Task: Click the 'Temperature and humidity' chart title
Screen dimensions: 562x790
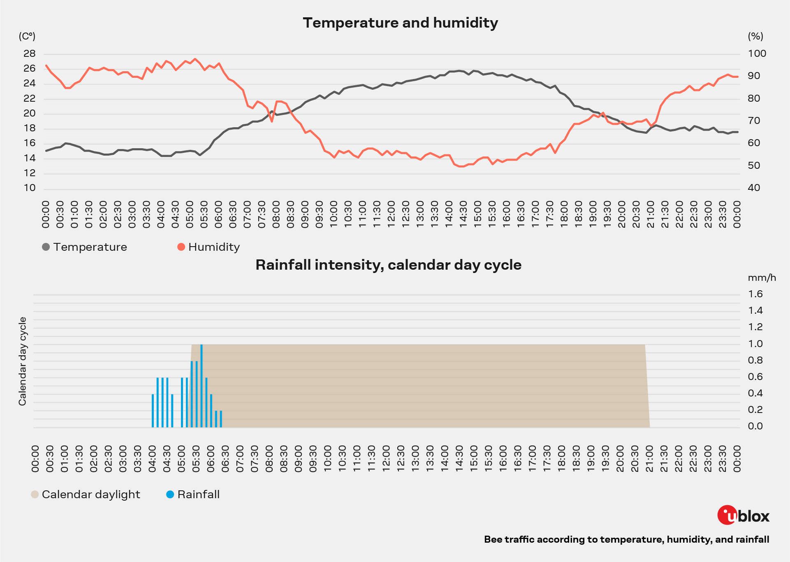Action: (400, 23)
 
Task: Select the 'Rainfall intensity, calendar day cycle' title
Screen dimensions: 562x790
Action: (388, 265)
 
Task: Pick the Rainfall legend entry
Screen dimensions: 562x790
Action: (193, 494)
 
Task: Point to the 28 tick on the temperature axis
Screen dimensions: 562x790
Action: (30, 54)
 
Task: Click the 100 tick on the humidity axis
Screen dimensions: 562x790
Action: (757, 54)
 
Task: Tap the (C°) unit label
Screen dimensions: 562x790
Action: (27, 36)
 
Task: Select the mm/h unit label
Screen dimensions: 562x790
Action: (762, 278)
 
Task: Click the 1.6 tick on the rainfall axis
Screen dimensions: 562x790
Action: (755, 294)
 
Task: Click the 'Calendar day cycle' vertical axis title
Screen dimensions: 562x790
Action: (23, 361)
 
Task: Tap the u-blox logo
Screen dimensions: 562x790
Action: (743, 515)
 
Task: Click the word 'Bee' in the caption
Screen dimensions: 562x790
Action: (492, 540)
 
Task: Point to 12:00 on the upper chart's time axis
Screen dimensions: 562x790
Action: (391, 215)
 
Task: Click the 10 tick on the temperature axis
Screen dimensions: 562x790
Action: (30, 188)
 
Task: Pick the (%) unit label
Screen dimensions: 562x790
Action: (755, 36)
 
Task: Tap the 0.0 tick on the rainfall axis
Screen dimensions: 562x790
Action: (755, 426)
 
